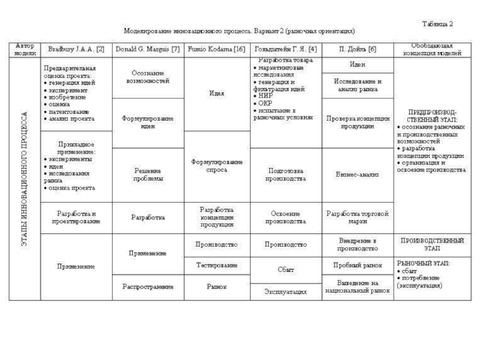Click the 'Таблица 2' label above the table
pyautogui.click(x=438, y=24)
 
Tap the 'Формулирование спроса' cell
pyautogui.click(x=216, y=166)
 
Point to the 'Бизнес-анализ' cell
pyautogui.click(x=357, y=175)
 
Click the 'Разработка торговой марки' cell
pyautogui.click(x=357, y=217)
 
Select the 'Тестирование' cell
pyautogui.click(x=216, y=265)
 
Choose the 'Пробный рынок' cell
pyautogui.click(x=357, y=265)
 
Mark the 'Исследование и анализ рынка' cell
pyautogui.click(x=357, y=85)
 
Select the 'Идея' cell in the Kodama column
pyautogui.click(x=216, y=94)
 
